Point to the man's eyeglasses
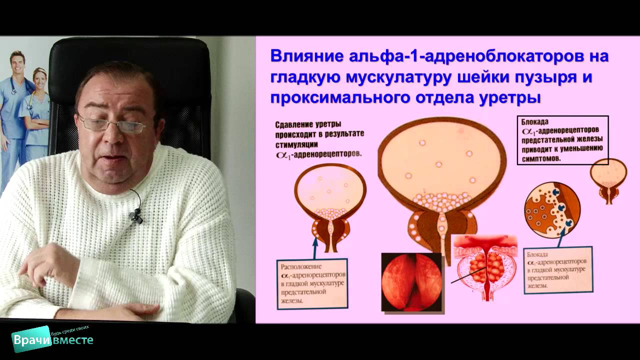click(x=111, y=123)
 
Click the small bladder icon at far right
click(x=608, y=179)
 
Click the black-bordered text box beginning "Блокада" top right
click(x=562, y=140)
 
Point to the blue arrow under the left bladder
click(x=315, y=247)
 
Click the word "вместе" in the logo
click(x=74, y=340)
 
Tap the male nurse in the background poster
click(x=13, y=110)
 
